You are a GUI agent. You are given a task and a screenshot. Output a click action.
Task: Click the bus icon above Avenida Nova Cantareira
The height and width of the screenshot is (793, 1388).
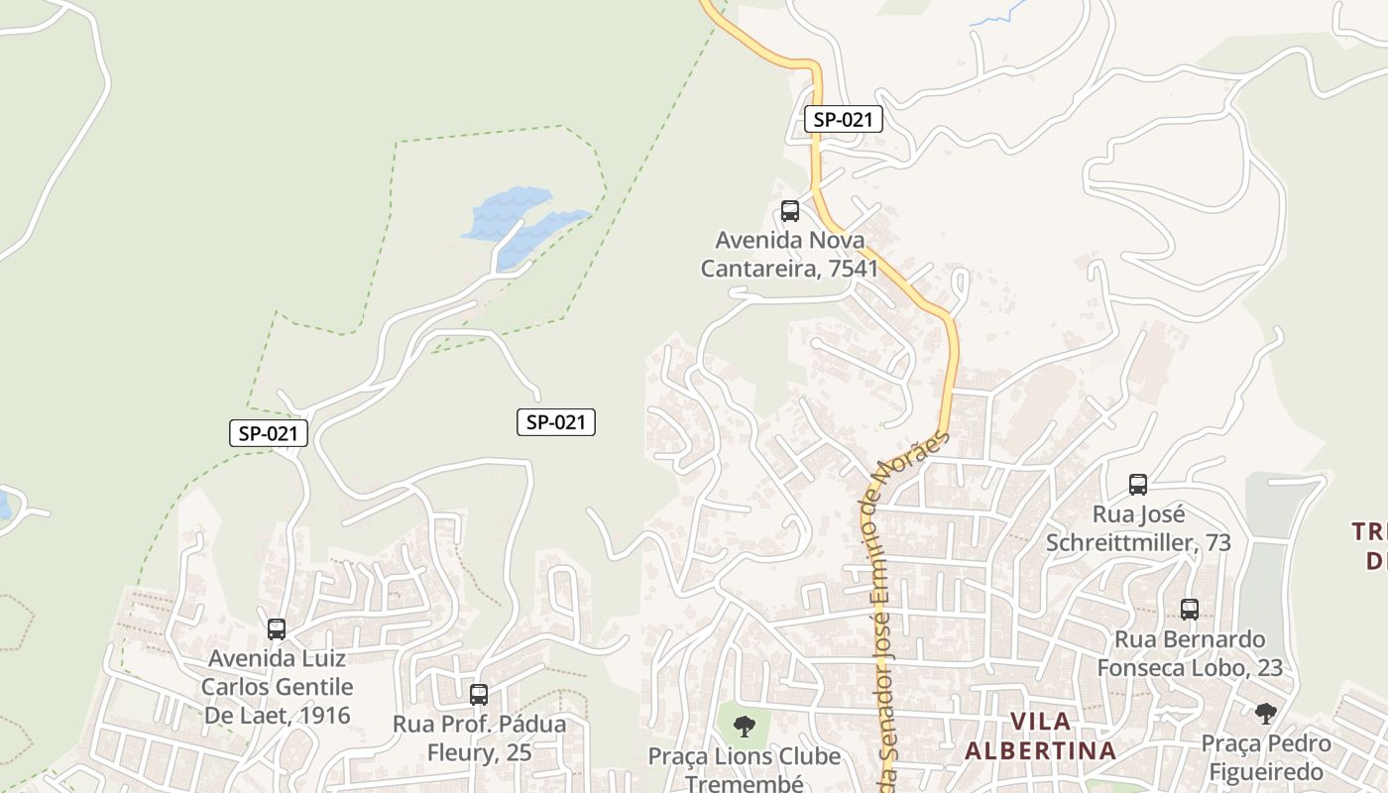click(790, 210)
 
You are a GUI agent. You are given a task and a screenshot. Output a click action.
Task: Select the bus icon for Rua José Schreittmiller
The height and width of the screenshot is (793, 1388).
click(1138, 485)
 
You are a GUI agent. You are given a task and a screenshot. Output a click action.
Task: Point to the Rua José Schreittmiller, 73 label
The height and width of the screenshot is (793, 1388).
click(1138, 528)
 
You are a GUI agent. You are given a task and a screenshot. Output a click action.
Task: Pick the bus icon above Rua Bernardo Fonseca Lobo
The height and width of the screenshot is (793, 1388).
click(1190, 610)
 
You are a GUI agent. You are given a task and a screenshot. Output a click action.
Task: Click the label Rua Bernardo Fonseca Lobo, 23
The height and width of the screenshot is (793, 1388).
click(1190, 653)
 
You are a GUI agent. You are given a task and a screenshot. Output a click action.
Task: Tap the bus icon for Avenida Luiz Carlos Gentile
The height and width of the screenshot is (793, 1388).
click(277, 628)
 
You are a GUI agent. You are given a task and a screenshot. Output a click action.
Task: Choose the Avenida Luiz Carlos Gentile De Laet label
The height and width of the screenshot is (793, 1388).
click(277, 686)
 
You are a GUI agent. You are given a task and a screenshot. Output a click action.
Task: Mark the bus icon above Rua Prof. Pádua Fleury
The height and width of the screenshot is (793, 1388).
click(479, 694)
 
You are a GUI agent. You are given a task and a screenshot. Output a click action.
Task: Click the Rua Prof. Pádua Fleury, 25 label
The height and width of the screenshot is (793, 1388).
click(480, 737)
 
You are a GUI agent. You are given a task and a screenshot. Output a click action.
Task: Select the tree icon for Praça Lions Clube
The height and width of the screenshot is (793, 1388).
click(744, 727)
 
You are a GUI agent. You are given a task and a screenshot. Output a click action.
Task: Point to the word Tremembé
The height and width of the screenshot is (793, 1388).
click(745, 783)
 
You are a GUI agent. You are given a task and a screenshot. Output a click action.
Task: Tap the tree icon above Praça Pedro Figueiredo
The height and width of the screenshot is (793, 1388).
click(1265, 713)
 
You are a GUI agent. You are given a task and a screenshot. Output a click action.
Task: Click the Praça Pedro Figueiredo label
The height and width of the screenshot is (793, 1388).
click(1266, 757)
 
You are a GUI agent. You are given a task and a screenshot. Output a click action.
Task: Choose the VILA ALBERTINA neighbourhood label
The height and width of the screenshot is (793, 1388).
click(1040, 736)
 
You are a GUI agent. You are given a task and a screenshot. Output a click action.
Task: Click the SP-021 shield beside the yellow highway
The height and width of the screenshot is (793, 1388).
click(843, 120)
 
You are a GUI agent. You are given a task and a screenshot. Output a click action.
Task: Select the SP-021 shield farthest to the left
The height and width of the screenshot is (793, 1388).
click(269, 433)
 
